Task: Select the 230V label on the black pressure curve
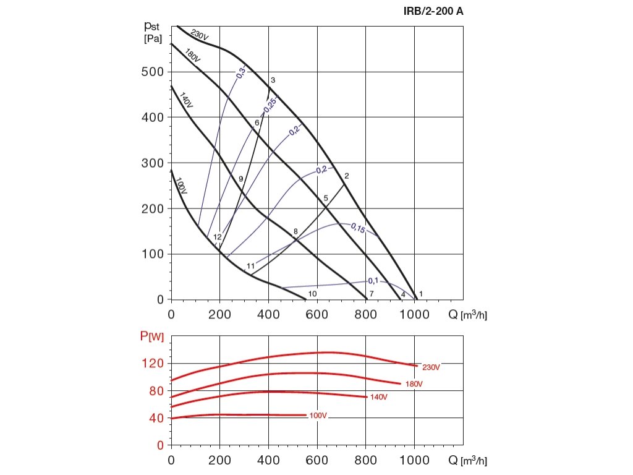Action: [x=200, y=36]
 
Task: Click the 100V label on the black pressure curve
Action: [x=181, y=186]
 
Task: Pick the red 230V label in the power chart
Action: [x=431, y=367]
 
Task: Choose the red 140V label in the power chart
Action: [x=378, y=397]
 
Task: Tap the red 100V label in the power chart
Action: [x=318, y=416]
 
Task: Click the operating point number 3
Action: [x=273, y=80]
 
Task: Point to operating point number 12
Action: [x=218, y=237]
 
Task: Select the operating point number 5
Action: [x=325, y=198]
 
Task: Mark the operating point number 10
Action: [x=313, y=293]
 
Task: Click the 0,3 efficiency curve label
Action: [x=240, y=72]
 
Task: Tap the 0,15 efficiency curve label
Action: [x=358, y=228]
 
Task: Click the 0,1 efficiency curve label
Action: [x=373, y=281]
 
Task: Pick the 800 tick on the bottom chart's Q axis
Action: [x=366, y=461]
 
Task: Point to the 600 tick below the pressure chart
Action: [x=317, y=315]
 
